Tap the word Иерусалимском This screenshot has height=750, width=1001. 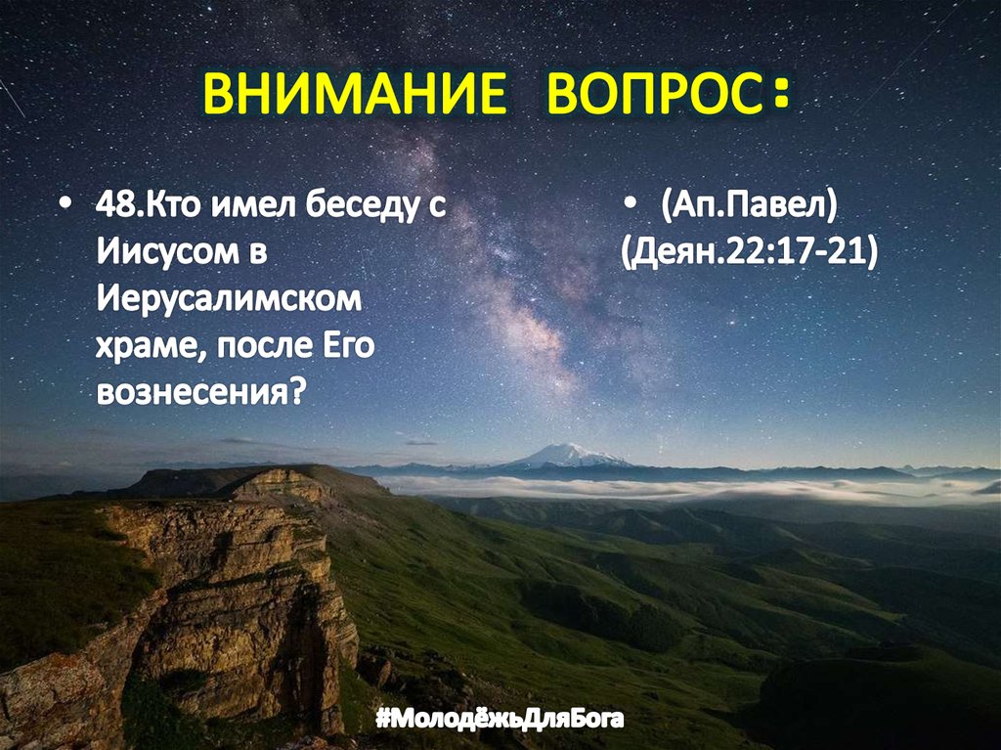coord(228,298)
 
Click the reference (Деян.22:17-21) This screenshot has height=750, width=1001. coord(749,252)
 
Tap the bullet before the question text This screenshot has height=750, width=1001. coord(65,208)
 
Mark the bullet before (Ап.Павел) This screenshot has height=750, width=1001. coord(630,208)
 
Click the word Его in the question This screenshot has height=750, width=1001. coord(348,345)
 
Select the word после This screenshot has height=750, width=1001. coord(259,345)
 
